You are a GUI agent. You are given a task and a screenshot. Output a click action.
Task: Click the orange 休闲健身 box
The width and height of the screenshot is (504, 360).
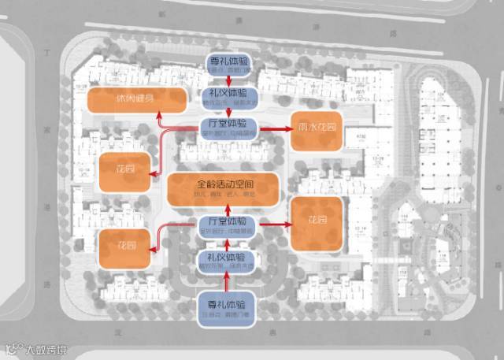pos(137,101)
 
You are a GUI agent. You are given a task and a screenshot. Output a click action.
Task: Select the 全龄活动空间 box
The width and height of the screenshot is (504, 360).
pos(224,190)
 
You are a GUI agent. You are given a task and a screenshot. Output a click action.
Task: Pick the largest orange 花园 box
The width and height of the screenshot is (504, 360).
pos(317,223)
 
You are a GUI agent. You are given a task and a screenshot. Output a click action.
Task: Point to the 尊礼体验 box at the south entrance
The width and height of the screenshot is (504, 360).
pos(227,307)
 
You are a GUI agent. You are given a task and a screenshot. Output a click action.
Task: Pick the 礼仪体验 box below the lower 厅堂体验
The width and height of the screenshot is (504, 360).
pos(228,261)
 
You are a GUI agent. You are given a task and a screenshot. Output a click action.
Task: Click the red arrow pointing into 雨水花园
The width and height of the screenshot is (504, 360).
pos(276,128)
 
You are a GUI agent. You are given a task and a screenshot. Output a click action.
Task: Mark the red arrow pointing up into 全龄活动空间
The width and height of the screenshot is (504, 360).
pos(228,210)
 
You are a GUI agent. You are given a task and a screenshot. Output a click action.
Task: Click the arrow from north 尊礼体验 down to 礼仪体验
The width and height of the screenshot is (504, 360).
pos(228,80)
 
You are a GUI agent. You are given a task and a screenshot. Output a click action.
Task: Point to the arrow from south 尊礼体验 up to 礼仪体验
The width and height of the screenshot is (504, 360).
pos(228,281)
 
